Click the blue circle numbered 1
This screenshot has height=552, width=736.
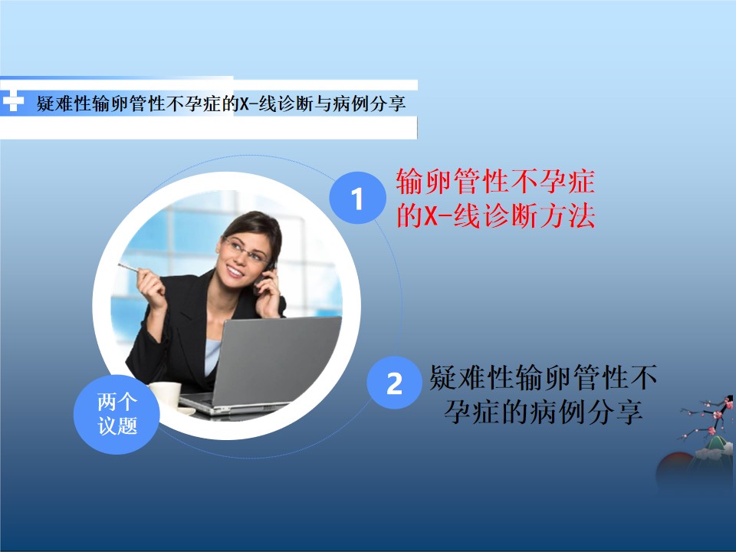click(358, 198)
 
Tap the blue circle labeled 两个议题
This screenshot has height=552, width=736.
click(117, 414)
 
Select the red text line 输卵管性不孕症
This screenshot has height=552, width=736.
click(495, 181)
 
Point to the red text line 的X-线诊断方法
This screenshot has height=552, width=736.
click(496, 216)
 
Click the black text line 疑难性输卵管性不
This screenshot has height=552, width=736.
click(543, 377)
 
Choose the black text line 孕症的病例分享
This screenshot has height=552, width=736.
click(543, 412)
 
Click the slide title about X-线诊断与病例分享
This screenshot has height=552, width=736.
click(221, 103)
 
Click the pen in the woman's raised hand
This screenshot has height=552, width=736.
click(130, 268)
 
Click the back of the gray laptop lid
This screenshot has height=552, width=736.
click(277, 359)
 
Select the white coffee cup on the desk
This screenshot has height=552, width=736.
click(166, 396)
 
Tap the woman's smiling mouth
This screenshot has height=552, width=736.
click(235, 271)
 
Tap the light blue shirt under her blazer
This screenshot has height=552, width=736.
click(212, 356)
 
